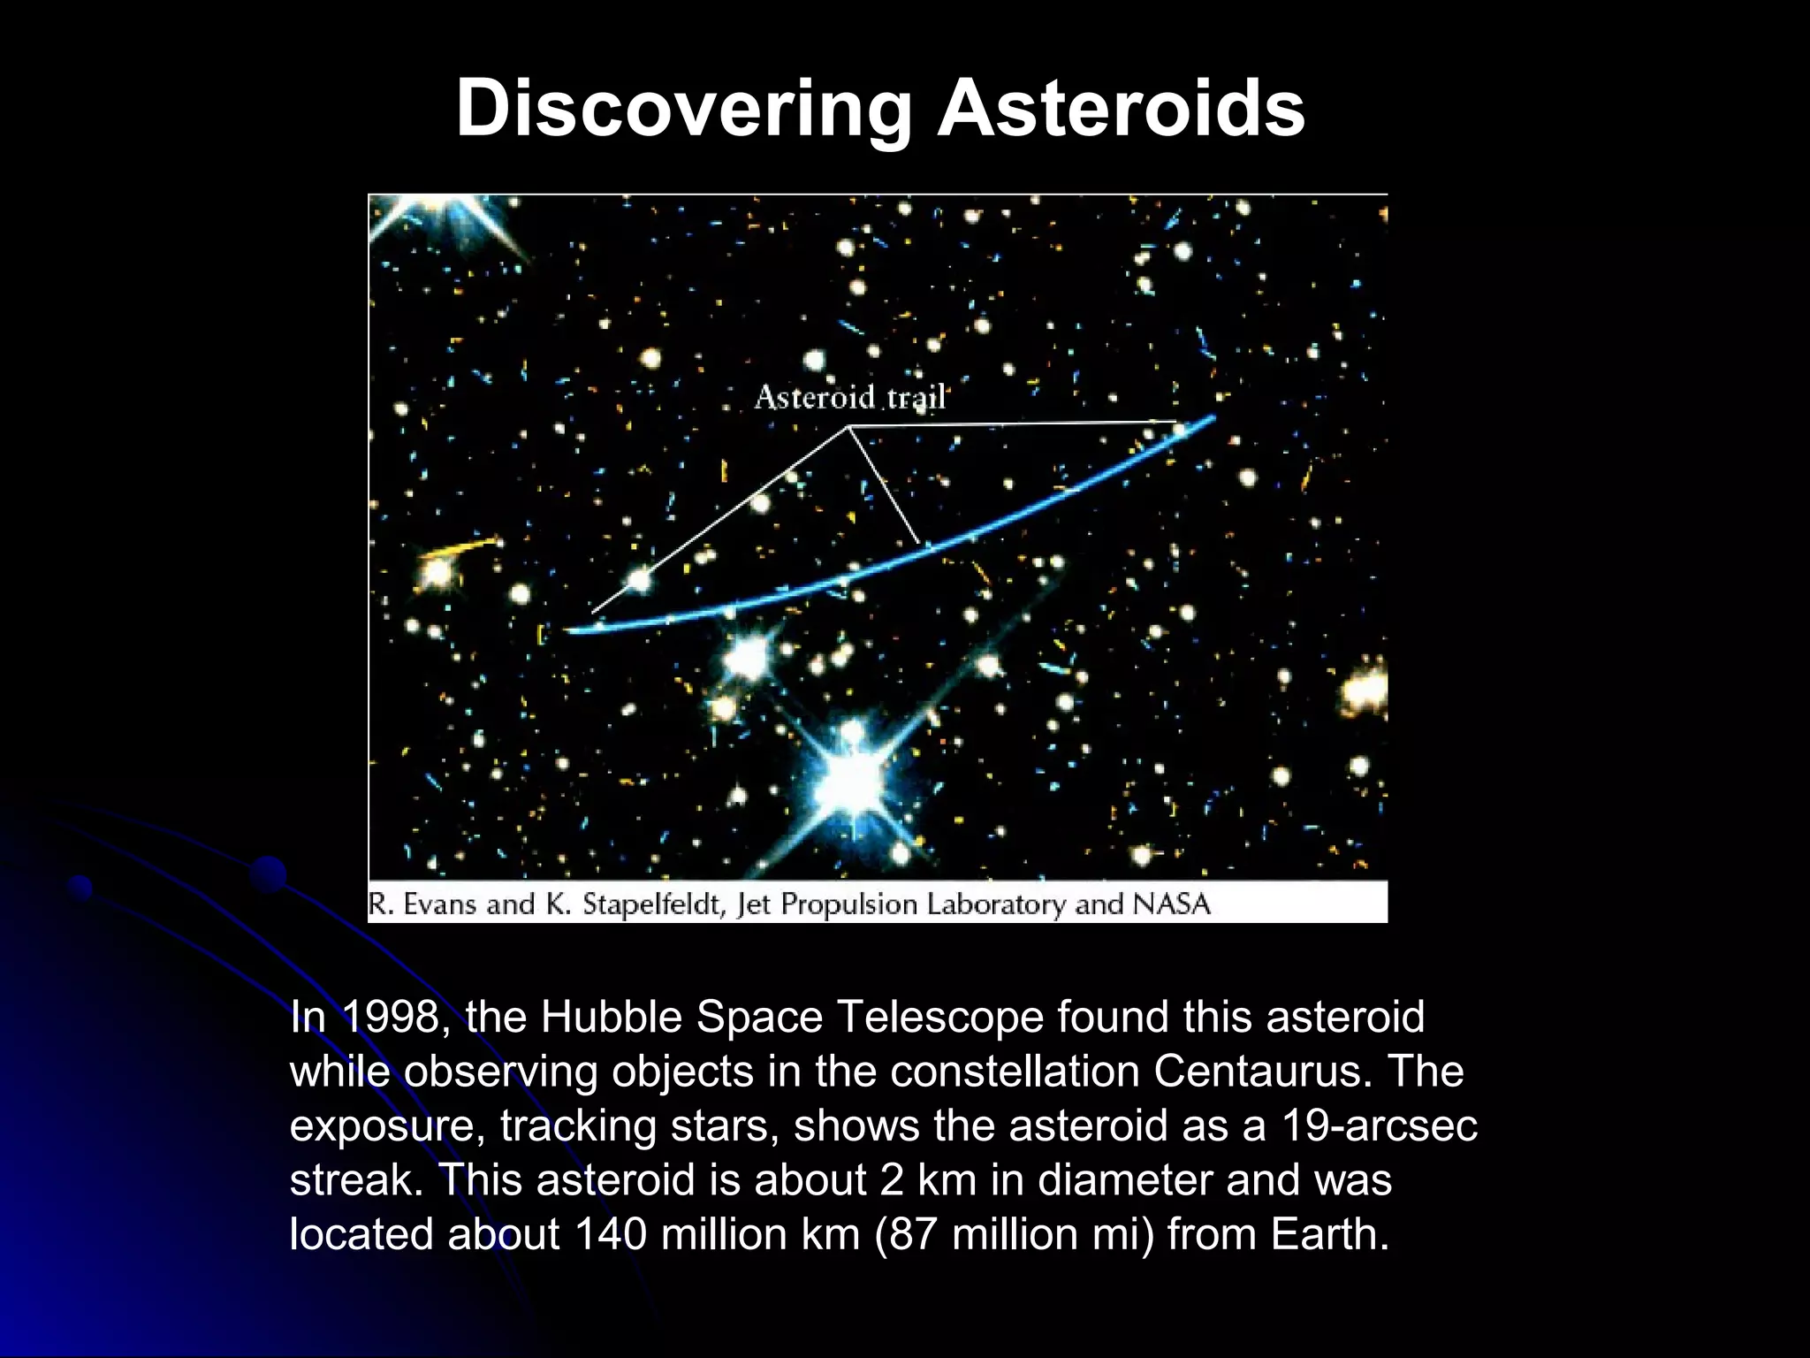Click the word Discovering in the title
(x=683, y=109)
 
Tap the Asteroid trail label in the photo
(x=849, y=398)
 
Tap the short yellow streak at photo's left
(x=463, y=547)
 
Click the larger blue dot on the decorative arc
(x=268, y=874)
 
